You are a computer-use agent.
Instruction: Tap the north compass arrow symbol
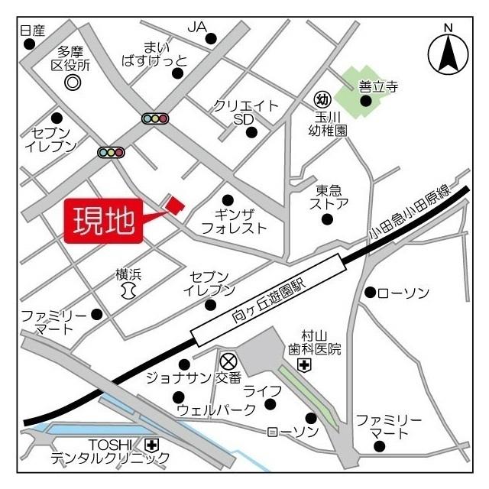448,53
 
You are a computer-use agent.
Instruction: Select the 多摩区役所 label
70,59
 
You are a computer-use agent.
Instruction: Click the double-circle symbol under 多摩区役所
73,82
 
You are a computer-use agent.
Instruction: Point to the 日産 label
33,30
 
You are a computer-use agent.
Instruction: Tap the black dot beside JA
211,38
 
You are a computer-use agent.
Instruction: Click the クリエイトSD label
246,112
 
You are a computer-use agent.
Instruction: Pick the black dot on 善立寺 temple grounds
367,101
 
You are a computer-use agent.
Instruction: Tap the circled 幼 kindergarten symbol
322,99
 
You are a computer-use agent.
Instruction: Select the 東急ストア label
329,196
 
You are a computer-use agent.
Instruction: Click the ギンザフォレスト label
233,220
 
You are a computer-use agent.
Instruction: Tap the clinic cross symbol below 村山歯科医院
304,366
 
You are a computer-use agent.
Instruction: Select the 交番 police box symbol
227,361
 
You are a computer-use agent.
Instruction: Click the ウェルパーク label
216,410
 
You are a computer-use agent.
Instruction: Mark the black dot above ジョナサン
183,364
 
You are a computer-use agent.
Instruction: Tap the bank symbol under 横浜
128,290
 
